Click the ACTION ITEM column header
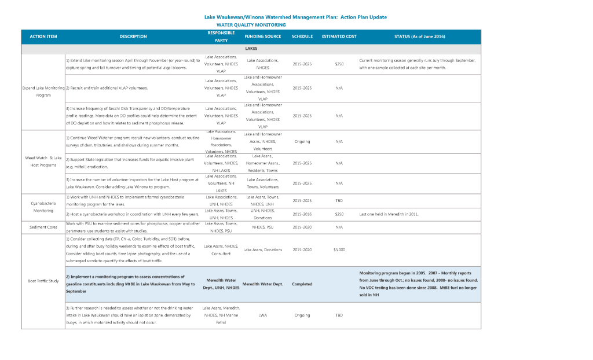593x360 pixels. pos(43,36)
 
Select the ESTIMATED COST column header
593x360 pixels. pos(339,36)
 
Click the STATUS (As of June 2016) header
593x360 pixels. pos(419,36)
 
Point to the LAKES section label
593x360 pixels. pos(251,49)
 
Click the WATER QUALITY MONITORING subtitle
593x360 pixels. pos(251,25)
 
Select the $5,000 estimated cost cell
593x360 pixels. pos(339,249)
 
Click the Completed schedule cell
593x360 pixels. pos(302,284)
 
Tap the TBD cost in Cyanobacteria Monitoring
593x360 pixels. pos(339,200)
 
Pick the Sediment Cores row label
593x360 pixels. pos(43,227)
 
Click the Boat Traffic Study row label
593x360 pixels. pos(43,281)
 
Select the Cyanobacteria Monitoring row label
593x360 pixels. pos(43,207)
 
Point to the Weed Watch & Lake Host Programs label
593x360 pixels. pos(43,161)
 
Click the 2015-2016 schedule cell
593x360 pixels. pos(302,214)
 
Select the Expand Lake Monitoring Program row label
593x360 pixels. pos(43,91)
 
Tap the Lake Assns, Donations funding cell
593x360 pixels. pos(263,249)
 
